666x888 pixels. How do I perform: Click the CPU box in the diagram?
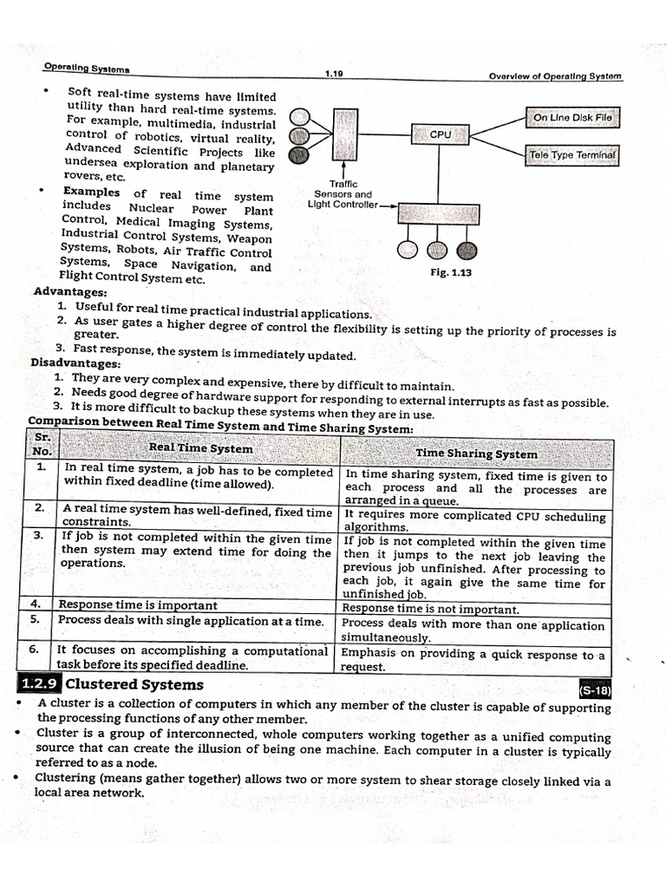pyautogui.click(x=440, y=134)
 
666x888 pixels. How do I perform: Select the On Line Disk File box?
pyautogui.click(x=571, y=117)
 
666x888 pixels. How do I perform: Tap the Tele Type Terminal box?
pyautogui.click(x=571, y=155)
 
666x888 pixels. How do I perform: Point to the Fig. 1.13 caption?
pyautogui.click(x=450, y=272)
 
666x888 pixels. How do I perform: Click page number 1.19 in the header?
pyautogui.click(x=334, y=74)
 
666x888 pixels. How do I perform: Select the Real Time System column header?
pyautogui.click(x=200, y=448)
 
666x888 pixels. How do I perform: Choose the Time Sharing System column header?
pyautogui.click(x=476, y=454)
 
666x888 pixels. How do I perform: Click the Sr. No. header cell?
pyautogui.click(x=42, y=444)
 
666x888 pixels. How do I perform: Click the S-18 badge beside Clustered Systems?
pyautogui.click(x=594, y=690)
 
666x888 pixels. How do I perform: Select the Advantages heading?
pyautogui.click(x=70, y=291)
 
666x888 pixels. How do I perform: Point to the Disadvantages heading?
pyautogui.click(x=75, y=363)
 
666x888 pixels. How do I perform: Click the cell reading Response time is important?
pyautogui.click(x=137, y=604)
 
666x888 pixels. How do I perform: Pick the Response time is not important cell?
pyautogui.click(x=431, y=610)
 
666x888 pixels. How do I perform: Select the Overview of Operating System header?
pyautogui.click(x=555, y=75)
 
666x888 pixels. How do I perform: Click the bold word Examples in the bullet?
pyautogui.click(x=92, y=192)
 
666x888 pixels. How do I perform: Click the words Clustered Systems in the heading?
pyautogui.click(x=134, y=684)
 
